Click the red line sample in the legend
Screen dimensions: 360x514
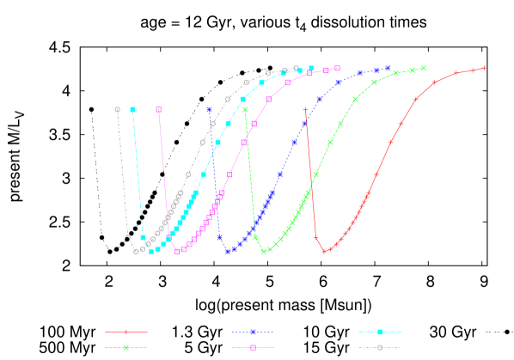(125, 331)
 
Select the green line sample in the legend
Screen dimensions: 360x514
(125, 347)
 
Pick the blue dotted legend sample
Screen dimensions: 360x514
(253, 331)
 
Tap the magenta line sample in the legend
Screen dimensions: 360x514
(253, 347)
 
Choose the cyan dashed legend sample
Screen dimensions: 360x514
(380, 331)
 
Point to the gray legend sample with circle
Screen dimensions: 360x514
(380, 347)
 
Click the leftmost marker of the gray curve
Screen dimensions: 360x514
(118, 109)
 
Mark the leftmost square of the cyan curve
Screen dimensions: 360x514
(132, 110)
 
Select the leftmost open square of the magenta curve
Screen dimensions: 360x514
(159, 110)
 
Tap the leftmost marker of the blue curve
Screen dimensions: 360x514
(209, 110)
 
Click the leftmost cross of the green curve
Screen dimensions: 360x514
(245, 110)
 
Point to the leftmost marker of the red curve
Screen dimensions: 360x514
(305, 110)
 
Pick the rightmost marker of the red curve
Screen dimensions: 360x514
(485, 68)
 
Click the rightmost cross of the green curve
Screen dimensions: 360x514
(424, 68)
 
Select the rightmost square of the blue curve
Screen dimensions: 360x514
(389, 68)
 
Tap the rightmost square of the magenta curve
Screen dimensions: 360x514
(338, 68)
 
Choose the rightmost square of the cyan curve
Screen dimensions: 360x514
(311, 68)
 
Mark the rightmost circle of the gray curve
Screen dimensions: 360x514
(297, 68)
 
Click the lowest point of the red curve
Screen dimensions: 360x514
(324, 252)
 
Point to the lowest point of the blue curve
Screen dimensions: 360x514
(228, 252)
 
